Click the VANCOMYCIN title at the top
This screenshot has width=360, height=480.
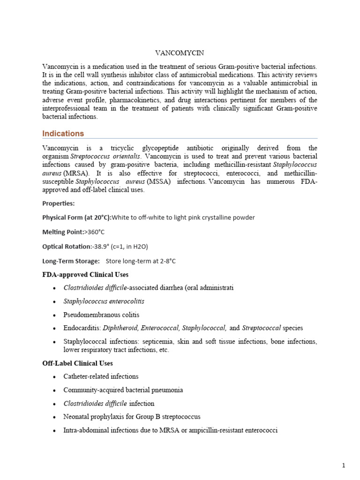coord(180,53)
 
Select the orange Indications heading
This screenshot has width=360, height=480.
coord(63,134)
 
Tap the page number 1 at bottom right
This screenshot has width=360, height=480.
coord(344,465)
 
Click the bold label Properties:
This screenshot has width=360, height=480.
coord(58,203)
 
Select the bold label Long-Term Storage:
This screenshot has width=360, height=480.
coord(71,261)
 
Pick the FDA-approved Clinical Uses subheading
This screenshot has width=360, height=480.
coord(85,274)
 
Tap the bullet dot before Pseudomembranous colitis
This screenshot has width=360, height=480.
coord(55,315)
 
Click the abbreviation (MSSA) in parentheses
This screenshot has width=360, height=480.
coord(158,181)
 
